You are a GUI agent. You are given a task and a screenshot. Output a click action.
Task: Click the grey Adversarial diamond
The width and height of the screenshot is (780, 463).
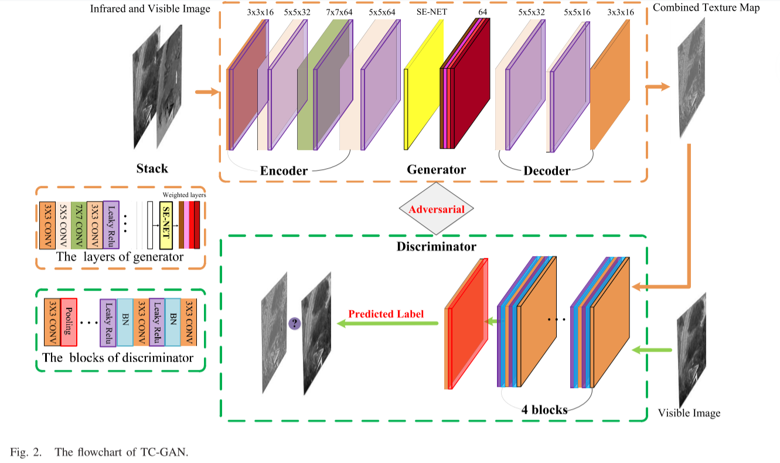point(436,209)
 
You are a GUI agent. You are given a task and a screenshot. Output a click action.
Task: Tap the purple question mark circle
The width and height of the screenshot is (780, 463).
point(294,323)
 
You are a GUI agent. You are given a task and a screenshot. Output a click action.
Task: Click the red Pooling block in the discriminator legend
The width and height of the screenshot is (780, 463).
point(69,322)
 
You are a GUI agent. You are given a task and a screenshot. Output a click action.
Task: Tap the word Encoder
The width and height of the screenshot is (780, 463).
point(284,171)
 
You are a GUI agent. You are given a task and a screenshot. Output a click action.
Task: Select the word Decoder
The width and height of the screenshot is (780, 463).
point(546,171)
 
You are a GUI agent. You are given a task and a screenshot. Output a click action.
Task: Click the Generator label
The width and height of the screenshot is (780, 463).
point(436,170)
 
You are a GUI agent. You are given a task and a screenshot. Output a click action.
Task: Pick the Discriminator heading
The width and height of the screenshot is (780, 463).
point(436,247)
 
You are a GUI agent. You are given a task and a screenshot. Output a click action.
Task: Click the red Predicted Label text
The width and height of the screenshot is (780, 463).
point(386,314)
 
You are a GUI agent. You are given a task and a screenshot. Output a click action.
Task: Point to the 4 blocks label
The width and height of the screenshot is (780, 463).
point(544,410)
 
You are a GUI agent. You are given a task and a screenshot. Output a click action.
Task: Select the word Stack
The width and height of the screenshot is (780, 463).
point(152,169)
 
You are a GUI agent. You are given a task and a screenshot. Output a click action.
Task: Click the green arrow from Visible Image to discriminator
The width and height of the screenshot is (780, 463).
point(652,350)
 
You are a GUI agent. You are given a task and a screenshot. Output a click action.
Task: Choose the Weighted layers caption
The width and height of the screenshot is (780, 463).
point(183,194)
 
